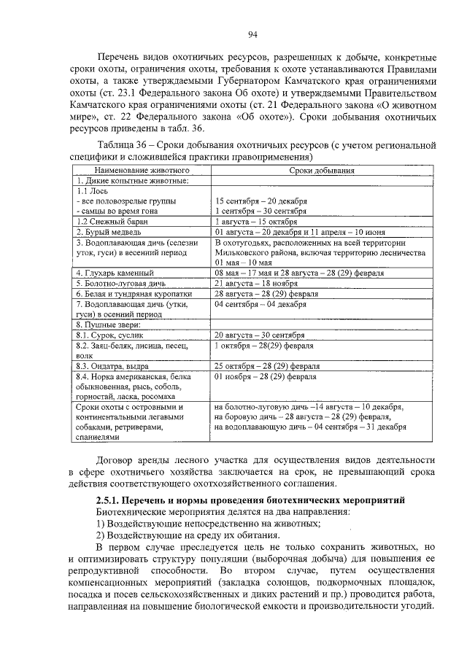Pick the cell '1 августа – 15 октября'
(x=257, y=220)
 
